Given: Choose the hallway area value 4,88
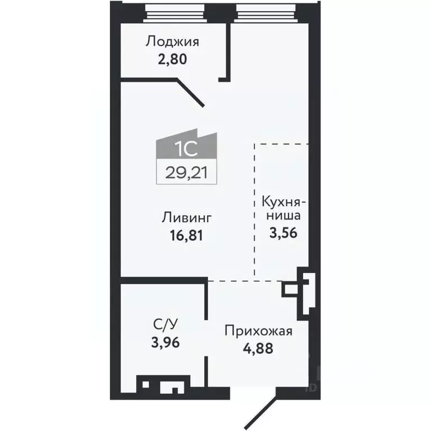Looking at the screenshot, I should (258, 348).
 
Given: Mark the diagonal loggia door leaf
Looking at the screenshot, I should (191, 93).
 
